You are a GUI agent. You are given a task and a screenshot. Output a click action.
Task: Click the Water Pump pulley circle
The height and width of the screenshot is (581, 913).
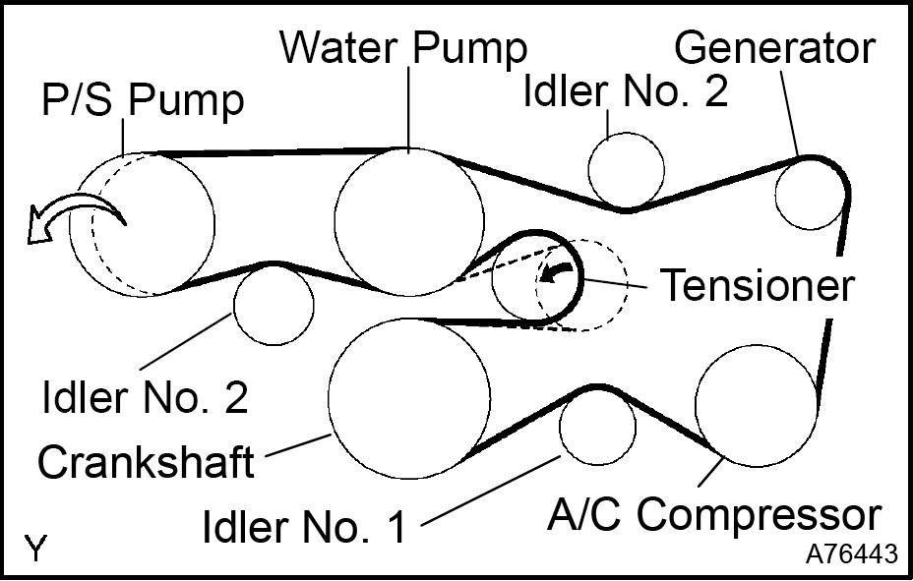[408, 222]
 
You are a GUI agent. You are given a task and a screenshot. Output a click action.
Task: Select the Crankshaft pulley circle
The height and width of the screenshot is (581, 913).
[408, 397]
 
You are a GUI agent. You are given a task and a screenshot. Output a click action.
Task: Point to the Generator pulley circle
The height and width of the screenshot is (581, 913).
[811, 194]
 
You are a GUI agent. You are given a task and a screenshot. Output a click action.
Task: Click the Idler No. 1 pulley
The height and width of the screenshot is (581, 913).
[597, 425]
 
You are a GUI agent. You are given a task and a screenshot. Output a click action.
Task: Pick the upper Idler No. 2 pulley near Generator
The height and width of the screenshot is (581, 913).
[626, 169]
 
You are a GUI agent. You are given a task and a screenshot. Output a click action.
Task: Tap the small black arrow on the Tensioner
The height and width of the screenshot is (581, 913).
[561, 270]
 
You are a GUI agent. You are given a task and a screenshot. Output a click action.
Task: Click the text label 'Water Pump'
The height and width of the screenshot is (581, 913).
[403, 46]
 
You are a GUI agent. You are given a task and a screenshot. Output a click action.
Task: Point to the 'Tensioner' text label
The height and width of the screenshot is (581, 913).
[755, 285]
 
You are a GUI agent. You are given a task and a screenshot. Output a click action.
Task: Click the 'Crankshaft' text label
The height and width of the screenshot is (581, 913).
[145, 460]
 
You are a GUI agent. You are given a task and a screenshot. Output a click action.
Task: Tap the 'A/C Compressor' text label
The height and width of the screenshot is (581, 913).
[713, 514]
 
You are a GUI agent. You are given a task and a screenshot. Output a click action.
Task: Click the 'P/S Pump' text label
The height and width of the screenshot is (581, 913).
[142, 100]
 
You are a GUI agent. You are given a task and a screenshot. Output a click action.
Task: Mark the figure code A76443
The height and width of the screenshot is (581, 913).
[851, 554]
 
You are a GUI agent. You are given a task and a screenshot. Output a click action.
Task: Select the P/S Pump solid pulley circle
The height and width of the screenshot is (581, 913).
[143, 224]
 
